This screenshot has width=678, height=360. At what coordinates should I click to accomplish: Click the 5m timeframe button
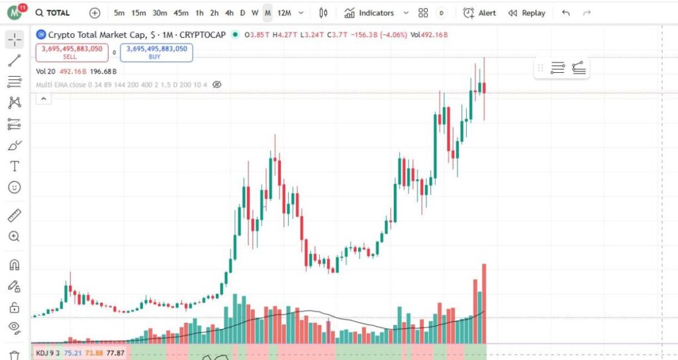(x=119, y=13)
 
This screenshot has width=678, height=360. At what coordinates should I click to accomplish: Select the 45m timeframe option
(x=181, y=13)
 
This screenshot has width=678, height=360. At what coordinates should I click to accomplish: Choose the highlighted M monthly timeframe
(x=267, y=13)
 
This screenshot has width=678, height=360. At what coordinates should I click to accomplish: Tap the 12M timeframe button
(x=284, y=13)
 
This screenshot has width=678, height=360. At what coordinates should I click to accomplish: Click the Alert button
(x=479, y=13)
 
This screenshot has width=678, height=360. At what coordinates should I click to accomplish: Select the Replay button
(x=527, y=13)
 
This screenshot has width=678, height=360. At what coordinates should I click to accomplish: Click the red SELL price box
(x=72, y=52)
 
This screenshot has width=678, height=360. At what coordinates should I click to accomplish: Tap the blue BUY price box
(x=156, y=52)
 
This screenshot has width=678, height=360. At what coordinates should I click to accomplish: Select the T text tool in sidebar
(x=14, y=166)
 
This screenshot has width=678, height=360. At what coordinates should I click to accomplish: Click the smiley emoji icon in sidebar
(x=14, y=187)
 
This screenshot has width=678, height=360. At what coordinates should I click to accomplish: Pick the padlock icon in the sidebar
(x=14, y=308)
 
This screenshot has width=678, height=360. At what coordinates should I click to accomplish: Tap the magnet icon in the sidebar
(x=14, y=265)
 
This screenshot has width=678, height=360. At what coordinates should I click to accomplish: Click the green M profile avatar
(x=13, y=13)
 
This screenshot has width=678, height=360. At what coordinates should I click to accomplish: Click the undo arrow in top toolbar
(x=565, y=13)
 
